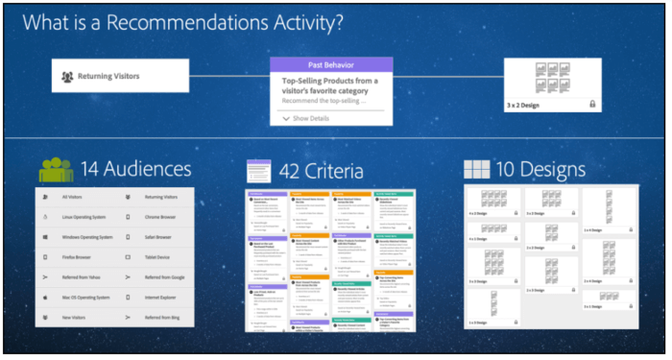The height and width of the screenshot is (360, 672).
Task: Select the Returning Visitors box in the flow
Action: [x=120, y=76]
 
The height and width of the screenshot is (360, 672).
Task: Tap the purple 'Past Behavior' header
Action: [x=331, y=64]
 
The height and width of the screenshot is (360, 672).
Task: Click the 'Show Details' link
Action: [x=307, y=118]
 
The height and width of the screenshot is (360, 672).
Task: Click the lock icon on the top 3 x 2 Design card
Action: [x=592, y=103]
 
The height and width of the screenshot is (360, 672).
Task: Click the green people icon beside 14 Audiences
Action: [x=56, y=170]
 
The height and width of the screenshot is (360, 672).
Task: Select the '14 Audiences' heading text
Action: [x=135, y=170]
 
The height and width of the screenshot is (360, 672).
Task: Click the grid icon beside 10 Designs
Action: [x=477, y=170]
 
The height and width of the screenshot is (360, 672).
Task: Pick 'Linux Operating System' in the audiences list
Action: [x=84, y=217]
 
